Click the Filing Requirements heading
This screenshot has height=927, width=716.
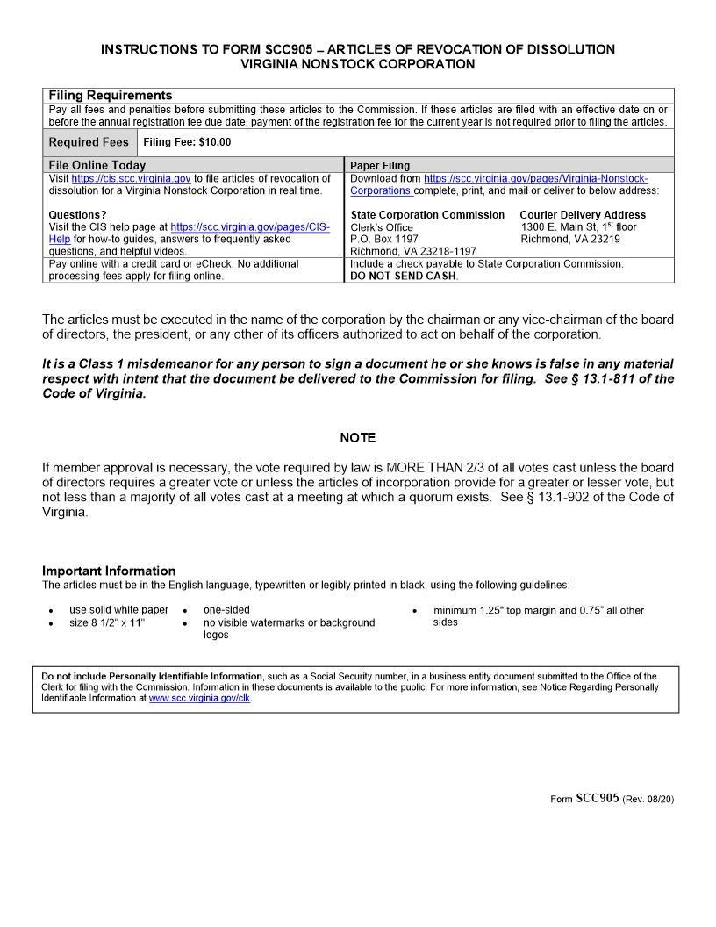(111, 95)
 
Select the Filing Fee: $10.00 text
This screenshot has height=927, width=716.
(187, 142)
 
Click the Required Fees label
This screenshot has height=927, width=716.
(89, 142)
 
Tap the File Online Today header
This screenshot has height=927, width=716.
(97, 165)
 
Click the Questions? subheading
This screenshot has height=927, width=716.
(78, 214)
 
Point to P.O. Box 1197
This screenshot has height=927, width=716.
(384, 239)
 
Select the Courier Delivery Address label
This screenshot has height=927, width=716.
(583, 214)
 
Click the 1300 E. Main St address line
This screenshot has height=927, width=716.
(578, 226)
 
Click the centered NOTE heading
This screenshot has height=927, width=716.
(357, 437)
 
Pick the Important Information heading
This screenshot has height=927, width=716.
(109, 571)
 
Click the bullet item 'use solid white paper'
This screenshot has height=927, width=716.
(118, 610)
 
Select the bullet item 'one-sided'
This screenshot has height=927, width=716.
(226, 610)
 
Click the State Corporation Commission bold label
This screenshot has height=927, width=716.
(427, 214)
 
